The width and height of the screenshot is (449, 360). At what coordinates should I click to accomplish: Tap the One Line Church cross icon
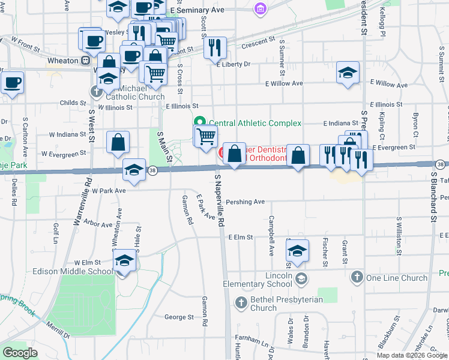coord(357,277)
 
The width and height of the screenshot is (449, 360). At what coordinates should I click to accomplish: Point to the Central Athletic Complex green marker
coord(199,123)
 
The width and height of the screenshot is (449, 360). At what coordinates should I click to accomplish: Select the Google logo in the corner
coord(20,353)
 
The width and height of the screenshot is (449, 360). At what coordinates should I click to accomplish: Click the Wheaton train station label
coord(63,61)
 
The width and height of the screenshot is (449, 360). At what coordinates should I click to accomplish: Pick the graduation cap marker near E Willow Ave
coord(348,73)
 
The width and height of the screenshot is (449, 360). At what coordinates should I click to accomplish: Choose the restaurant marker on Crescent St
coord(215,47)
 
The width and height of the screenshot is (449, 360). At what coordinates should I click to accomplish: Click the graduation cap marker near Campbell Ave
coord(297,250)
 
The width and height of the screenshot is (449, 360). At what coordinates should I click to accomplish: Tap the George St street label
coord(179,317)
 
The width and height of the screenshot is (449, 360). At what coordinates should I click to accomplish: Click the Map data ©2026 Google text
coord(412,355)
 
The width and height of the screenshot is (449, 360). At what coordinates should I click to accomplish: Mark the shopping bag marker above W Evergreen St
coord(118,143)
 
